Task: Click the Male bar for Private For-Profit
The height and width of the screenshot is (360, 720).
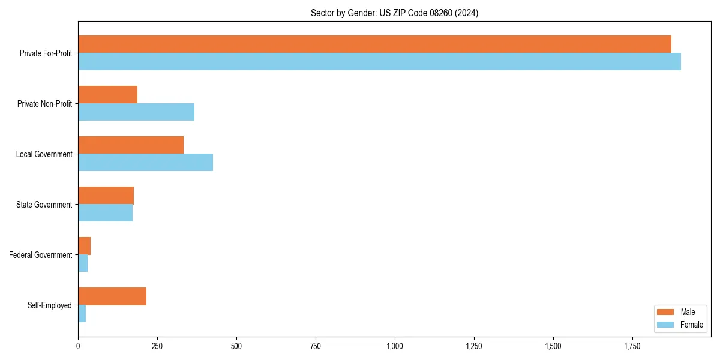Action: tap(374, 44)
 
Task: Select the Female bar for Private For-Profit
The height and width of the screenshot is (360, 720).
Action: tap(379, 62)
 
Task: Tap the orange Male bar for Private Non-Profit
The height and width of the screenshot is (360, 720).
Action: tap(107, 95)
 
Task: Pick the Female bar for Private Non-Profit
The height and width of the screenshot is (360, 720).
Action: tap(136, 112)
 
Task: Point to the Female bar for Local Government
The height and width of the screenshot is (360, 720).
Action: tap(145, 163)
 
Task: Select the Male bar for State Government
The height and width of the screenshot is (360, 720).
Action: tap(106, 196)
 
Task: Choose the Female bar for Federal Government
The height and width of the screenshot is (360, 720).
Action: tap(83, 263)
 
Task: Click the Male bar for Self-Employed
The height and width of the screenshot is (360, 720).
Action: tap(112, 296)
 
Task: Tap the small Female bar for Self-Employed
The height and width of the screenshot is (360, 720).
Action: tap(82, 314)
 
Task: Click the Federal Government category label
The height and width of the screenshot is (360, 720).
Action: tap(40, 255)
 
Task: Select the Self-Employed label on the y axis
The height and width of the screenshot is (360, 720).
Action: tap(49, 305)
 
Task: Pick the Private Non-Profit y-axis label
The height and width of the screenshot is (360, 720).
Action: tap(44, 104)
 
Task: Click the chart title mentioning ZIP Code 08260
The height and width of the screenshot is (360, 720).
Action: tap(394, 13)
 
